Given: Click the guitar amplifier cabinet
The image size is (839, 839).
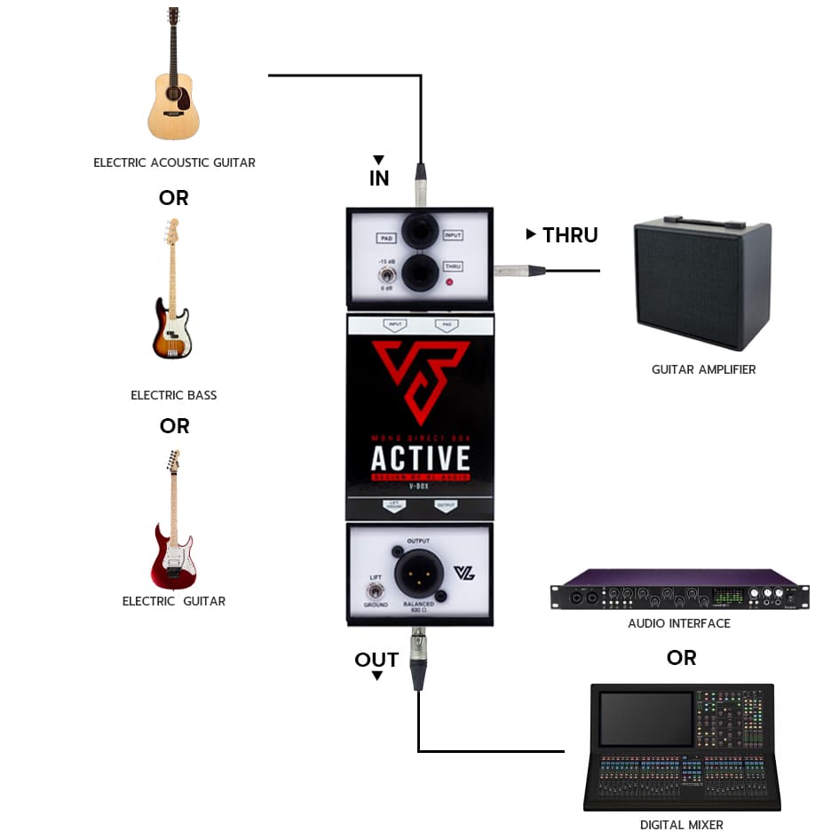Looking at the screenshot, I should click(701, 285).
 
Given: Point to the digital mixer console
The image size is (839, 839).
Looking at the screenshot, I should click(681, 746).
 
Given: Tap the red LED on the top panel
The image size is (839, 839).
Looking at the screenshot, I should click(449, 283).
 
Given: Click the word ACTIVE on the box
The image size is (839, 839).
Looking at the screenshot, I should click(420, 458).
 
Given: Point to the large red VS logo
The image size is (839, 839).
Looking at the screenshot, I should click(419, 377).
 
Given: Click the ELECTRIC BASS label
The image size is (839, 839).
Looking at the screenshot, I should click(174, 395).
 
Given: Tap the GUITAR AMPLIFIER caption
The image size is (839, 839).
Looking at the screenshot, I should click(703, 369).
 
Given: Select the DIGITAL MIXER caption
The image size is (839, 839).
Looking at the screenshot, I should click(681, 825).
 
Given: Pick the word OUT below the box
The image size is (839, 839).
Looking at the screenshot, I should click(376, 660).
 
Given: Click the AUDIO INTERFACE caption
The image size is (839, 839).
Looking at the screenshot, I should click(679, 623).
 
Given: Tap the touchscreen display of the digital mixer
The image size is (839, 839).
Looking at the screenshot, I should click(646, 717).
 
